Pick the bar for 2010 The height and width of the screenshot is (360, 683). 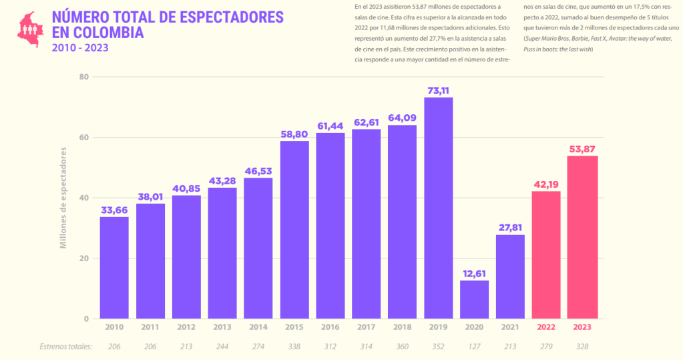click(114, 267)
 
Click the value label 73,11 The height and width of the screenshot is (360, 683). click(439, 90)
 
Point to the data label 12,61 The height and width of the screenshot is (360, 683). click(474, 273)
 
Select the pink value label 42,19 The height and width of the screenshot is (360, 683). click(546, 184)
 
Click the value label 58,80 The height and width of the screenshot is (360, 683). click(294, 134)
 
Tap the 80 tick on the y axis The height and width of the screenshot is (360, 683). click(84, 77)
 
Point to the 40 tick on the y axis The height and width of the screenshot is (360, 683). click(84, 198)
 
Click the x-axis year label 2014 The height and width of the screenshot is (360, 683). click(258, 327)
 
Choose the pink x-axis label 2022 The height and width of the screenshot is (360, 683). click(546, 327)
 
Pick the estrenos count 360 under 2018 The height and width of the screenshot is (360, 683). click(403, 347)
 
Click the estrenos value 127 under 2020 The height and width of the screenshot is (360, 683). click(474, 347)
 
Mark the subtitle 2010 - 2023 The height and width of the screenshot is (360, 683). click(80, 47)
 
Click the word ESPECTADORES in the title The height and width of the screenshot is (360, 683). click(227, 17)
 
